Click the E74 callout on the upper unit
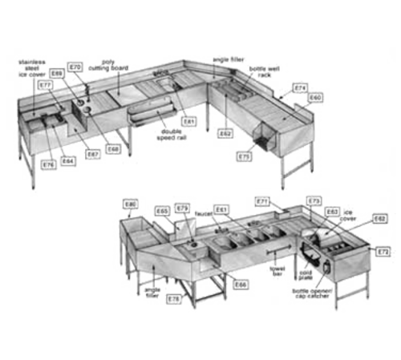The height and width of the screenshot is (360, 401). [300, 87]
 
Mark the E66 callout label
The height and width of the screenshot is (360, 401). [238, 282]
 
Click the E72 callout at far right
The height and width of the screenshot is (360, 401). [383, 252]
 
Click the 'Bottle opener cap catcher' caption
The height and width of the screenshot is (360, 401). [308, 295]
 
